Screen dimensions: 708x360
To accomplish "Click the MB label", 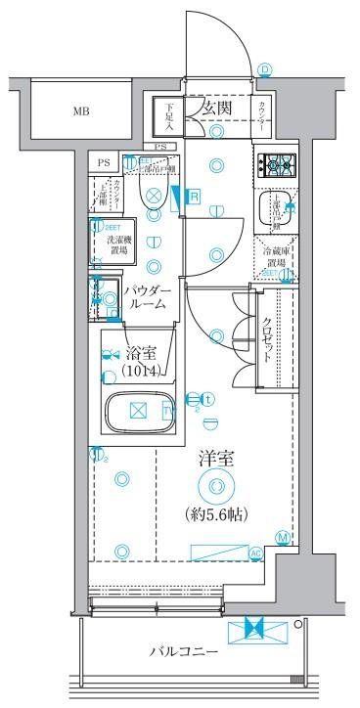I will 80,111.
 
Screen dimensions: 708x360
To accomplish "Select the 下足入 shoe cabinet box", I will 169,115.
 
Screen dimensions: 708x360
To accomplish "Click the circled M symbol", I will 282,537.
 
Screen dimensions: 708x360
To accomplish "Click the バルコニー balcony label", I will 184,651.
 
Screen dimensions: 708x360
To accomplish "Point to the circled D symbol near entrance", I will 266,68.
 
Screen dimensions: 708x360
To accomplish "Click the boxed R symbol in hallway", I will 195,197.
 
